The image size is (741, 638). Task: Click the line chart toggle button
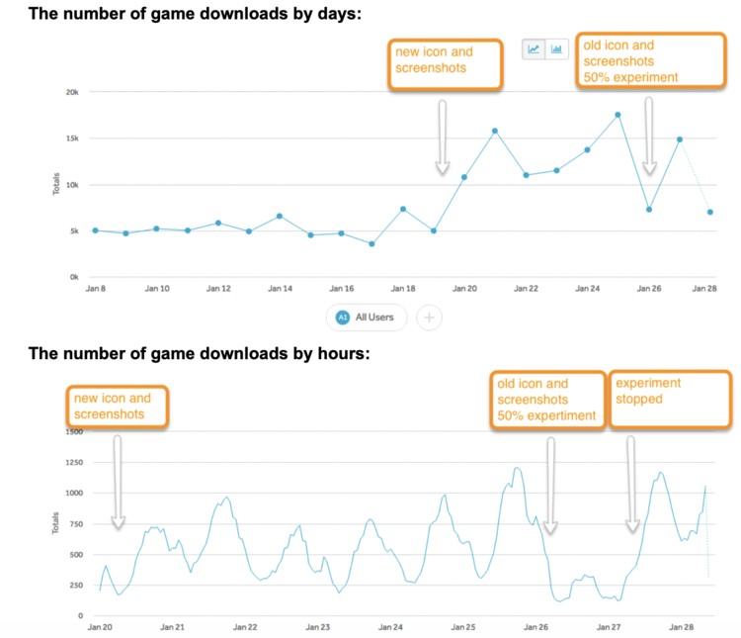(535, 47)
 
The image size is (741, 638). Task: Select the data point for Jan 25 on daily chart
(617, 115)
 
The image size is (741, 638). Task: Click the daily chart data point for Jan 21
(494, 131)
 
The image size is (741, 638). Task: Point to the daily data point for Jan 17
(371, 243)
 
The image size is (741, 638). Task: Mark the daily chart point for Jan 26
(648, 209)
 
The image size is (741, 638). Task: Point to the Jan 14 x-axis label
(280, 289)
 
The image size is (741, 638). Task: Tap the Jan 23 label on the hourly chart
(318, 628)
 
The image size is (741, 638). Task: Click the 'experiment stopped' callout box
(669, 400)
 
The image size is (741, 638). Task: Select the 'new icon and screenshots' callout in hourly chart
(118, 407)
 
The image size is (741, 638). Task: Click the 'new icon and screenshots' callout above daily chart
(446, 61)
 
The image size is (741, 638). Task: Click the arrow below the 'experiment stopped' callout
(633, 486)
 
